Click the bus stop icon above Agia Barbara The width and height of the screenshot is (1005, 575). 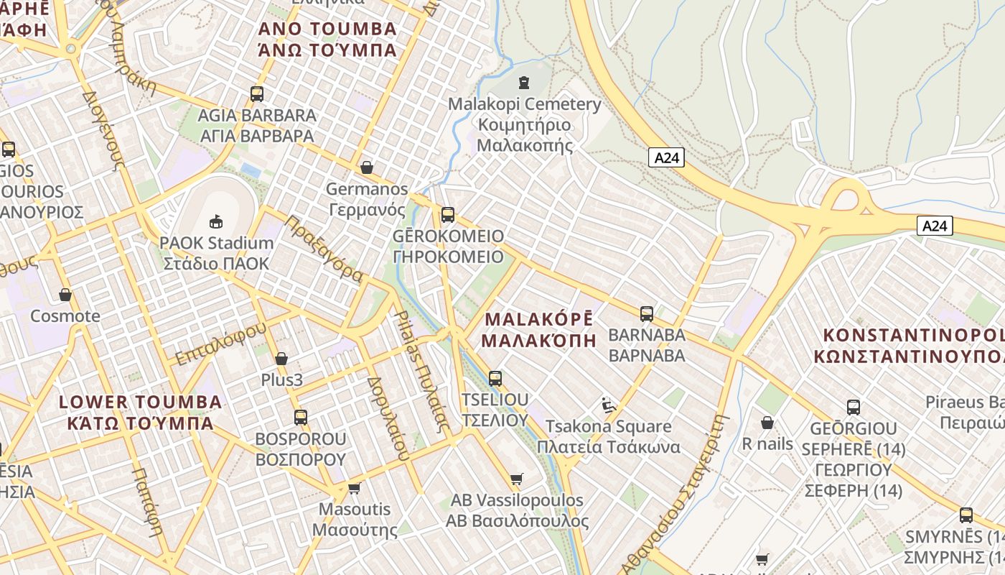pos(257,93)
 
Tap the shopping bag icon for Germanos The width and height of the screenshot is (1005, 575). pos(367,167)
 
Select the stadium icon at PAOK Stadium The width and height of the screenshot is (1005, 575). pos(215,221)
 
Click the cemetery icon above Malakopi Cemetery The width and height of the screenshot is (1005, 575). pos(524,83)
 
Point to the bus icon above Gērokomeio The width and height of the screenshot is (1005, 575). pos(448,214)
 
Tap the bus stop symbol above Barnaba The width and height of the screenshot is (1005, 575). pos(647,313)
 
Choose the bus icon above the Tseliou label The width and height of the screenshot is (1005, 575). pos(495,378)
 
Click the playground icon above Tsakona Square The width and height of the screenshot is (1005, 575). pos(609,405)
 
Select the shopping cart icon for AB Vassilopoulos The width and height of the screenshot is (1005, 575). pos(516,479)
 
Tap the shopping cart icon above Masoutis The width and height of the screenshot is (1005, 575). pos(354,489)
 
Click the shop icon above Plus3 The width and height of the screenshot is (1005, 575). pos(281,359)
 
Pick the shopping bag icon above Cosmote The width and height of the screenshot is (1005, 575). pos(65,295)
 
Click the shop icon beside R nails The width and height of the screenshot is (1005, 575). pos(767,423)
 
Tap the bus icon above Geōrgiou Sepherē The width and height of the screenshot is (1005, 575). pos(854,408)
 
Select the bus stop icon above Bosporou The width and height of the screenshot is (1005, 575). pos(301,417)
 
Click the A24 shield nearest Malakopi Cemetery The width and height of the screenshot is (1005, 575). pos(666,157)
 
